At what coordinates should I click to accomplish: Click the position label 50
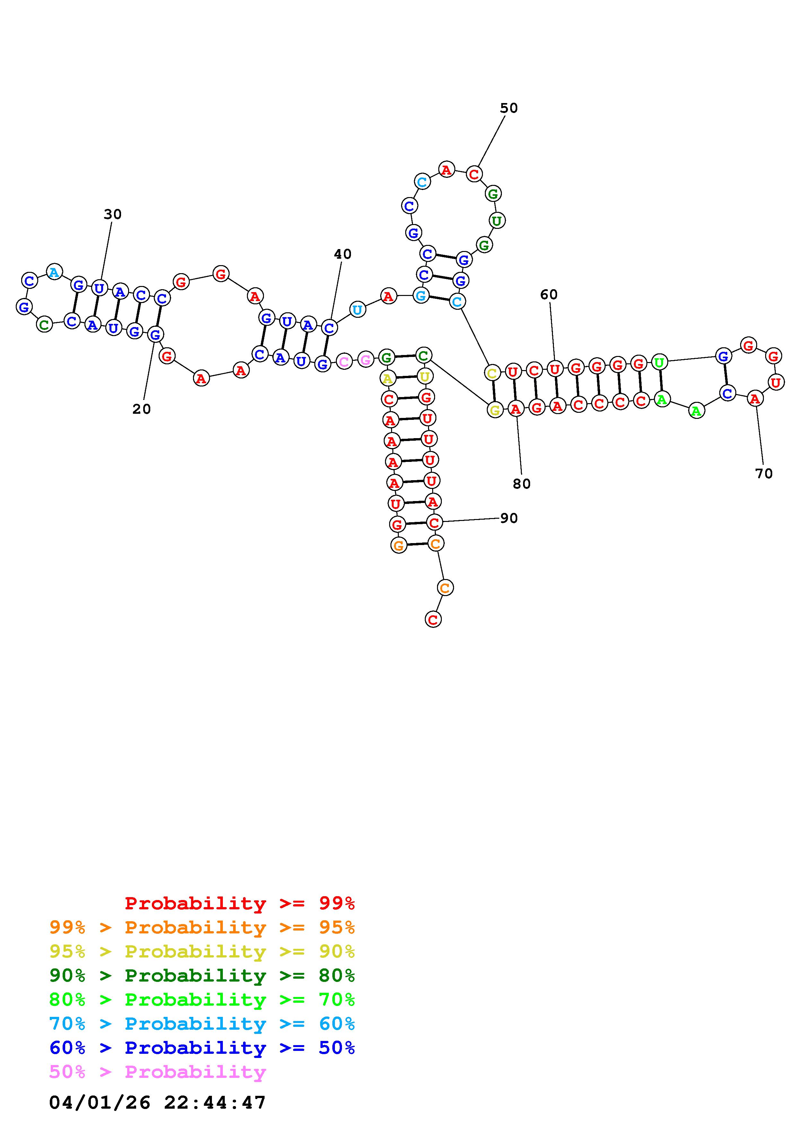(x=509, y=108)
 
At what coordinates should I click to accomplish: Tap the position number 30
(x=112, y=214)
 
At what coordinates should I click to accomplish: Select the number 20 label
(x=141, y=409)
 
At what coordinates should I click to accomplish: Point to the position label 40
(x=342, y=254)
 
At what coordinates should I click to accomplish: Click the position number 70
(x=764, y=474)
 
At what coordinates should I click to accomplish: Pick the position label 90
(x=509, y=518)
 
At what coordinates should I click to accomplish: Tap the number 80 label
(x=521, y=484)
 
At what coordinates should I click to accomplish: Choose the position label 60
(x=549, y=295)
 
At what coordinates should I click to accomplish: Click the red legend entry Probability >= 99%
(x=240, y=903)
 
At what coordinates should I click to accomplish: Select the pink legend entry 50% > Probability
(x=157, y=1072)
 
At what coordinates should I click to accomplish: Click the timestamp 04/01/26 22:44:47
(x=157, y=1103)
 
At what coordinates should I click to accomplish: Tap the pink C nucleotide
(x=344, y=362)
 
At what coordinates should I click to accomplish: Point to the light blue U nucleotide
(x=357, y=310)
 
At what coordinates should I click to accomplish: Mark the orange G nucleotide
(x=399, y=545)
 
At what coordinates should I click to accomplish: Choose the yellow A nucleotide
(x=388, y=378)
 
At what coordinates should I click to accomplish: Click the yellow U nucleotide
(x=425, y=376)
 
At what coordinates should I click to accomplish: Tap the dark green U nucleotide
(x=497, y=221)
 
